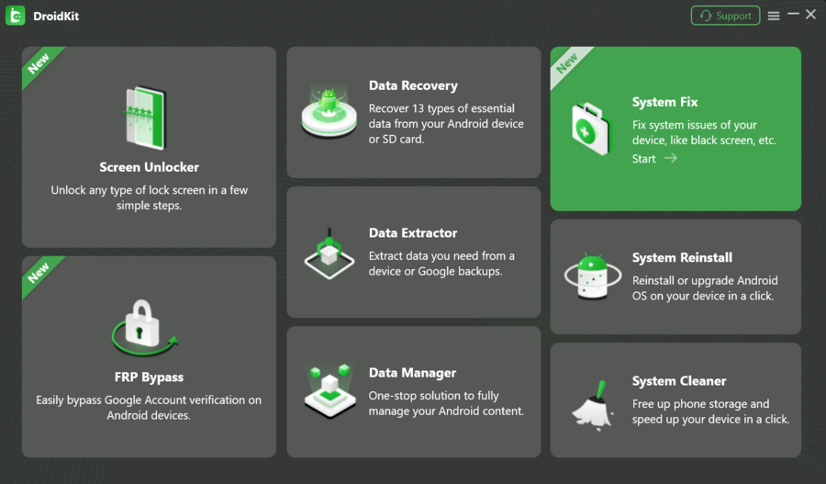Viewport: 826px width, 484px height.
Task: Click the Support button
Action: [x=725, y=16]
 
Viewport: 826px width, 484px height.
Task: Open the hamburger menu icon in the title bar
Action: [x=774, y=16]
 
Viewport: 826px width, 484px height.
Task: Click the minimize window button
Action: [x=793, y=15]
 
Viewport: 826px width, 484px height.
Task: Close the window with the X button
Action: [x=811, y=15]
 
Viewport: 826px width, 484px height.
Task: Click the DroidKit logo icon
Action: [x=16, y=16]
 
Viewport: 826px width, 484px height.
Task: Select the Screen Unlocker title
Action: [x=149, y=167]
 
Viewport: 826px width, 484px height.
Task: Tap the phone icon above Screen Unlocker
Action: [x=146, y=118]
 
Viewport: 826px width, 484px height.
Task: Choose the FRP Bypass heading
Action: [x=149, y=377]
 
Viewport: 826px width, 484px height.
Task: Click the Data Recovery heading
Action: [x=413, y=85]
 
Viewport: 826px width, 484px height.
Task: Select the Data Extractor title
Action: [x=413, y=233]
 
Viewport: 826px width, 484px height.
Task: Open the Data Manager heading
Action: [x=412, y=373]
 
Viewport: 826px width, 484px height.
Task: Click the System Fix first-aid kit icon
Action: [x=591, y=129]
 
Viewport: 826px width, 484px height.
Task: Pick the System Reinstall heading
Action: [x=682, y=258]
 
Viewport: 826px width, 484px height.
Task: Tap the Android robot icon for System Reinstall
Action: [x=592, y=277]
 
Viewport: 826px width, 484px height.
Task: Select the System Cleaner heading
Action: [x=679, y=381]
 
